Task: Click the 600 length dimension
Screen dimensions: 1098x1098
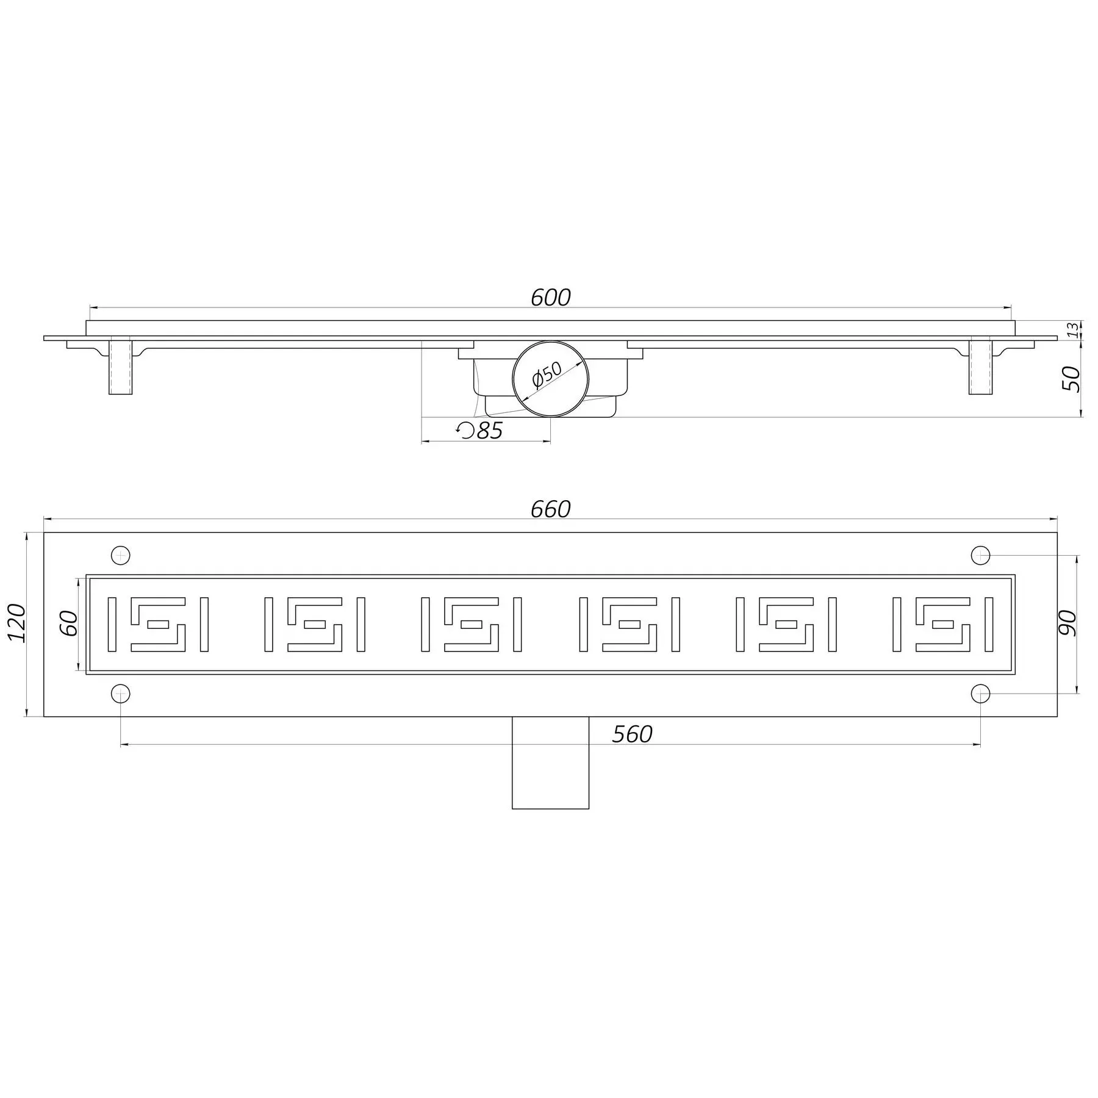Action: (550, 298)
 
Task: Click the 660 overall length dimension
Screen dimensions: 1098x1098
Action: (550, 509)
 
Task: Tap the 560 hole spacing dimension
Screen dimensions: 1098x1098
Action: (633, 734)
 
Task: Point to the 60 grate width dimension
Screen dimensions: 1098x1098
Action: (70, 623)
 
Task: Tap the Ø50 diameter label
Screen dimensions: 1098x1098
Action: (547, 375)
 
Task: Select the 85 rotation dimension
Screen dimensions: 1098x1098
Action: (489, 431)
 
